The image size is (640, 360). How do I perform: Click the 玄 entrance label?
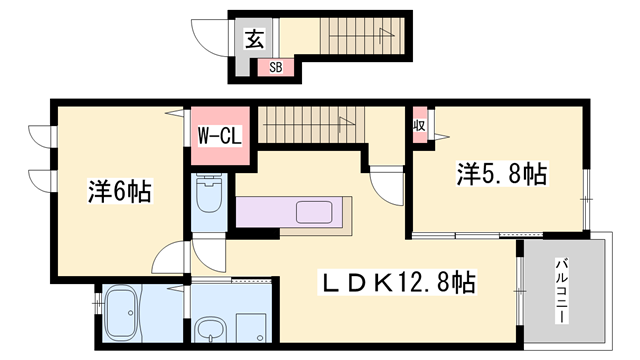click(x=255, y=39)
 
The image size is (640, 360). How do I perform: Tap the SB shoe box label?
click(x=276, y=67)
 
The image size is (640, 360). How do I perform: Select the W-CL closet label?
click(x=220, y=136)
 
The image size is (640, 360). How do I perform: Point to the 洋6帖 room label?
click(x=120, y=191)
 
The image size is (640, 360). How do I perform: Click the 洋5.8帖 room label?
click(x=502, y=174)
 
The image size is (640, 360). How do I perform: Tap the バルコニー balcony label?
click(x=562, y=291)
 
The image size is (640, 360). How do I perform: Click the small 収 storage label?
click(x=419, y=125)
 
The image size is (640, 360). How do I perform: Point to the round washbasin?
click(x=210, y=329)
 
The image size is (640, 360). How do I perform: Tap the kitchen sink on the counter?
click(x=314, y=212)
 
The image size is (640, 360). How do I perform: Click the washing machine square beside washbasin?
click(x=252, y=328)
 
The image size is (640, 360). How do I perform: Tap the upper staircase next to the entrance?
click(x=362, y=36)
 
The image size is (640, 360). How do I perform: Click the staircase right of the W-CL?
click(x=311, y=124)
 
